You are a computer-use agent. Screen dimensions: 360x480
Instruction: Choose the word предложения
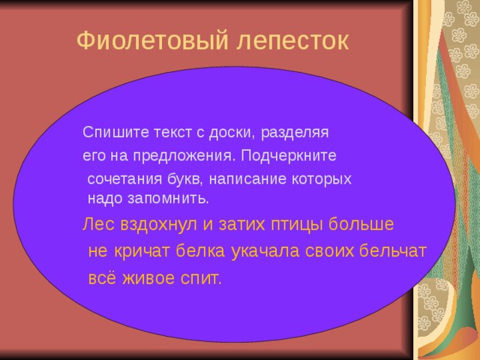(185, 157)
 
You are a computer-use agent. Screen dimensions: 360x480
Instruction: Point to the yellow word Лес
(96, 224)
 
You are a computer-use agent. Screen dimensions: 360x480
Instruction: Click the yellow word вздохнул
(148, 225)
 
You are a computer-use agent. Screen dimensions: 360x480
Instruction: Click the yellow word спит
(200, 278)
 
